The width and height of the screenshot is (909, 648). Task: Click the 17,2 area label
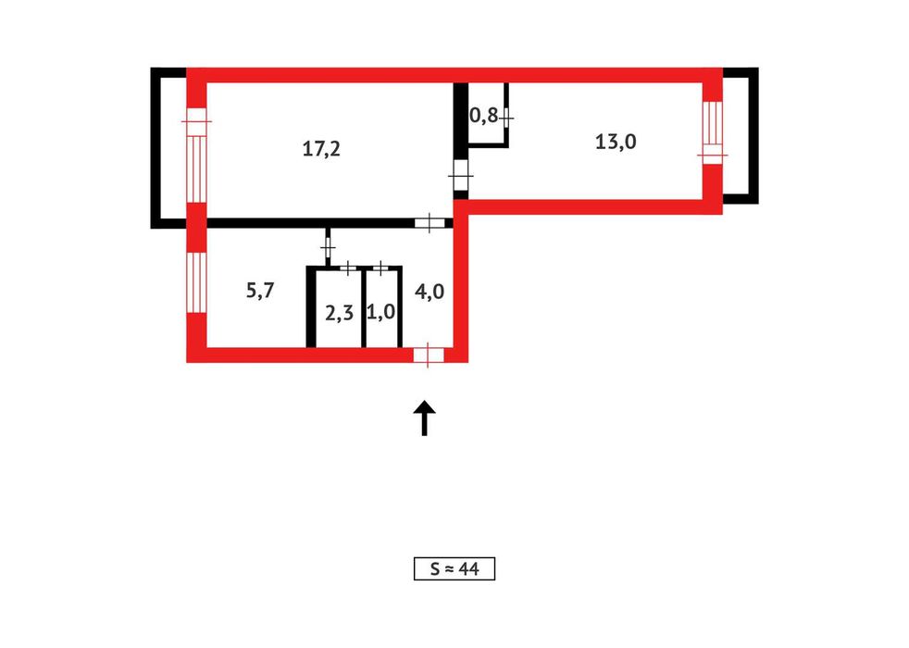(321, 149)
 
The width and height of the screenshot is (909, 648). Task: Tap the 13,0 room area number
(616, 142)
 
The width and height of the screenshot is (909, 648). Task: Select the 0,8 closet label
(483, 116)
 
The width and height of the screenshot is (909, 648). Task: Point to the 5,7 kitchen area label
(260, 290)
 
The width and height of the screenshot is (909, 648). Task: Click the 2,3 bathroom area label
(339, 313)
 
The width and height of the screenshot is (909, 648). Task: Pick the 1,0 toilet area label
(380, 312)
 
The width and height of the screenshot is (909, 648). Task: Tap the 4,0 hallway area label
(430, 291)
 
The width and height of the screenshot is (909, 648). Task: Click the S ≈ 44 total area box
(454, 568)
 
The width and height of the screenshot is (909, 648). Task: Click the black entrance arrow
(424, 417)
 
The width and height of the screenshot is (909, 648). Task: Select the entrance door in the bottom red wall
(429, 355)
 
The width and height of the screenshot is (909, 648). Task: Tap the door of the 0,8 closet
(506, 118)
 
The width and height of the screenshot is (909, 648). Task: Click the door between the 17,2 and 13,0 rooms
(460, 175)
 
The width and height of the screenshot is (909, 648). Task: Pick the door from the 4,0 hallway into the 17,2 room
(430, 222)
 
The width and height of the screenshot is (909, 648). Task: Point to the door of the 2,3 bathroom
(348, 268)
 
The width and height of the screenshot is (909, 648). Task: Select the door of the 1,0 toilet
(380, 268)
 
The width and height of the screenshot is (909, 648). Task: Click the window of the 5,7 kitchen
(196, 282)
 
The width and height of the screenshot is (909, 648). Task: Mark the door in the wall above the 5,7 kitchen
(328, 247)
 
